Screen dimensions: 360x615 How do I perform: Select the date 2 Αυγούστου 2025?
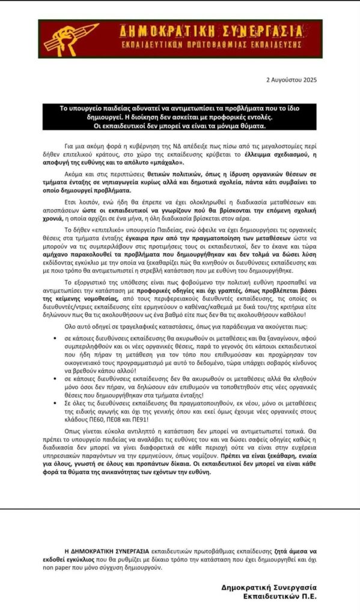tap(291, 79)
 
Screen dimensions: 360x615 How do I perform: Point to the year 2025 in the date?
tap(309, 79)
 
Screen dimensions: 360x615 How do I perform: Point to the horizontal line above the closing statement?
tap(180, 509)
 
